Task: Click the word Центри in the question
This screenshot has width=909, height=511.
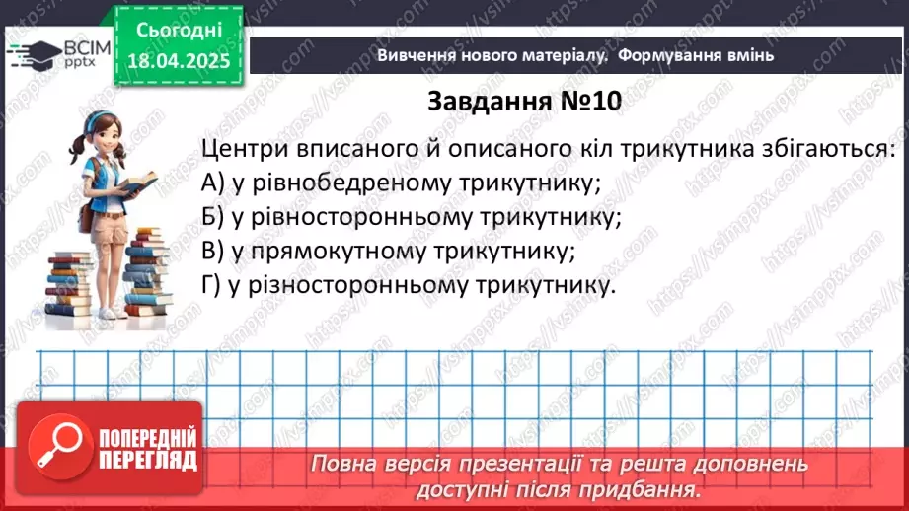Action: (x=243, y=150)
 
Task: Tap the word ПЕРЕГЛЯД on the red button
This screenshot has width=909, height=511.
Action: (x=147, y=460)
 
